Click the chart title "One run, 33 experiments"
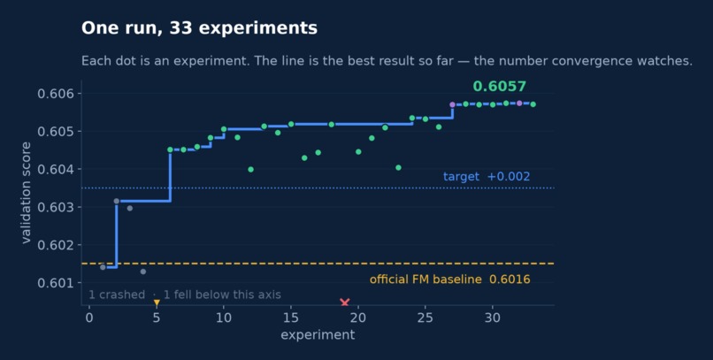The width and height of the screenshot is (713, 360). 199,28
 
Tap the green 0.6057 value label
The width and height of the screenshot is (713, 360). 499,87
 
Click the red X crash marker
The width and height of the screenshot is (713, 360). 345,303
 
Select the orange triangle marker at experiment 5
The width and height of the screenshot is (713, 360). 157,303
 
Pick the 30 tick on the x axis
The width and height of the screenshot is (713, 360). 493,318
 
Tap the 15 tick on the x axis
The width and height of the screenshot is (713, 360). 291,318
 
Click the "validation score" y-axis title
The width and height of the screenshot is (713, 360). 26,192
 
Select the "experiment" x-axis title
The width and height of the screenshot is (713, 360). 318,335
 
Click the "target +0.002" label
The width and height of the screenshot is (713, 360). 487,176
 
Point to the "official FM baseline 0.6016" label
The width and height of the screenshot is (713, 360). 449,280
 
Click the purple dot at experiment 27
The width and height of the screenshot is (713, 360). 452,105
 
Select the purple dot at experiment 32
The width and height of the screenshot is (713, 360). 519,103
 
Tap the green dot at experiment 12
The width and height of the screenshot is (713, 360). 250,170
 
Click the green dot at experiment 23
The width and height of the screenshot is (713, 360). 398,168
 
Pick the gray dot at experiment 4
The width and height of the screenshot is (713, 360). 143,272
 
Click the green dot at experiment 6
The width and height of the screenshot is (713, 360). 170,149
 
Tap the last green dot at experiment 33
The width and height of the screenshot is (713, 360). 533,104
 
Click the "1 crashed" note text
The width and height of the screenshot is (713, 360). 117,295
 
